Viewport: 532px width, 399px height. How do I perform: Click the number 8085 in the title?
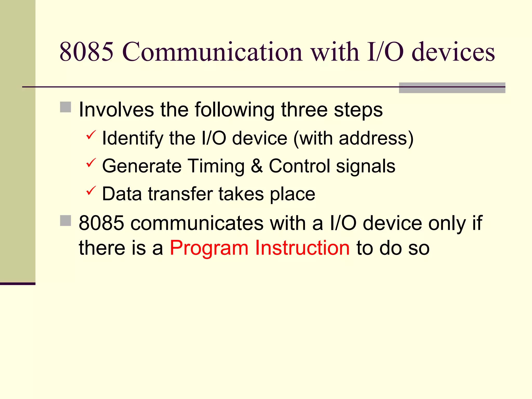pyautogui.click(x=87, y=52)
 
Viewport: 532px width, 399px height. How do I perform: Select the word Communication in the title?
pyautogui.click(x=212, y=52)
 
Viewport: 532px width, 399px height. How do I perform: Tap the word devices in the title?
pyautogui.click(x=453, y=52)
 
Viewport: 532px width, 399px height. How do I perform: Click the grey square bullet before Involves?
pyautogui.click(x=65, y=107)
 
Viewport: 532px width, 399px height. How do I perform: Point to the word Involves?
pyautogui.click(x=116, y=110)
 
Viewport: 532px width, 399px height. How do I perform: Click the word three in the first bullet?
pyautogui.click(x=304, y=110)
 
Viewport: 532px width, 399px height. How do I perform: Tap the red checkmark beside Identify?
pyautogui.click(x=91, y=135)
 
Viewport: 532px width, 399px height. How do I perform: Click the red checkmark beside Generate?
pyautogui.click(x=91, y=163)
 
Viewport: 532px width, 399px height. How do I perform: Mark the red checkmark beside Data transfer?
pyautogui.click(x=91, y=191)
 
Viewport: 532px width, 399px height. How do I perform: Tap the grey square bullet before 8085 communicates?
pyautogui.click(x=65, y=221)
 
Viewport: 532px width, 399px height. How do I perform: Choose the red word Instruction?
pyautogui.click(x=302, y=248)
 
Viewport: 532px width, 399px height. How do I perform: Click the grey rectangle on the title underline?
pyautogui.click(x=452, y=88)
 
